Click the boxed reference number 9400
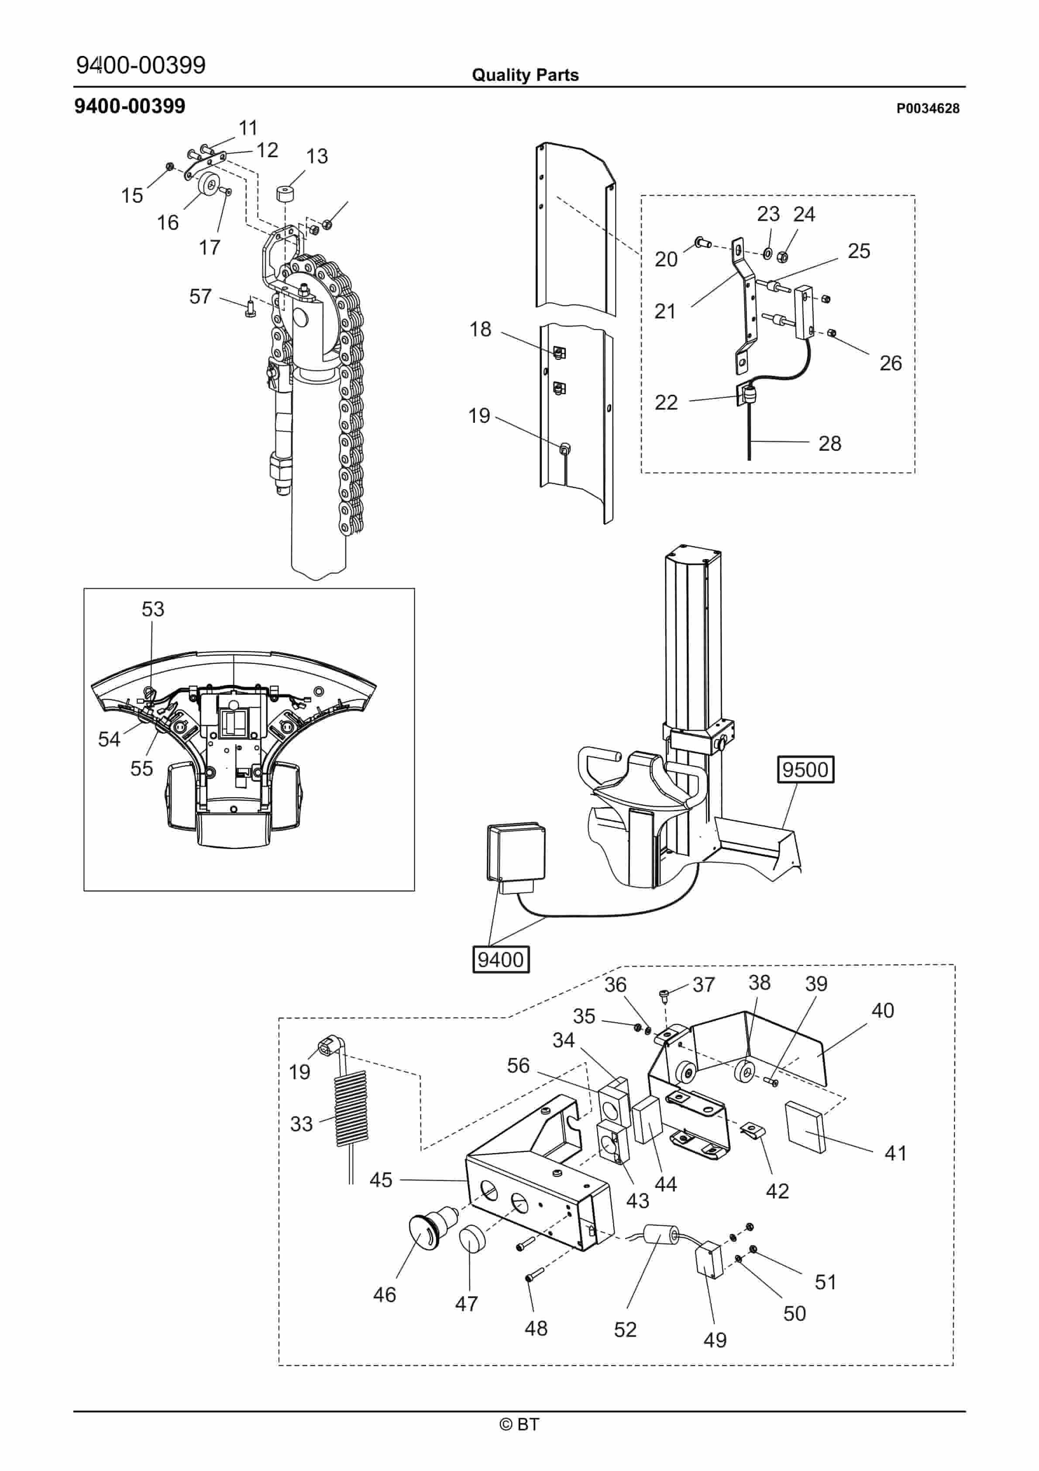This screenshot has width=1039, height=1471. [x=501, y=959]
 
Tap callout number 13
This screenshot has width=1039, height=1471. [x=317, y=155]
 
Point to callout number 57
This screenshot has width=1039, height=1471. [x=200, y=296]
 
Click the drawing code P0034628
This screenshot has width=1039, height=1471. [x=928, y=108]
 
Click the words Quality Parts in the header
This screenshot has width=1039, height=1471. [x=525, y=75]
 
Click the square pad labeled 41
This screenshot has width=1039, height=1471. [x=806, y=1127]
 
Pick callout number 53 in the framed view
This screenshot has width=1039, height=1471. [x=152, y=609]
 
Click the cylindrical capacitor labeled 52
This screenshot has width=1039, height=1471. [x=661, y=1233]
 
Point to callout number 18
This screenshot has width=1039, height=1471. [x=480, y=329]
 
